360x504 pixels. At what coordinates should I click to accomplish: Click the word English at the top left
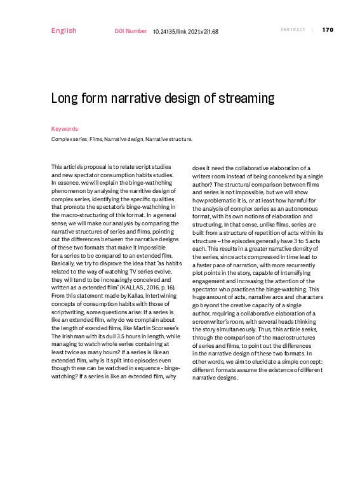[63, 30]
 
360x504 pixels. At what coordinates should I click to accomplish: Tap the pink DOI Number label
[130, 30]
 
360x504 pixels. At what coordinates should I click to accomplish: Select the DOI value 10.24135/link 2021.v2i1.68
[185, 30]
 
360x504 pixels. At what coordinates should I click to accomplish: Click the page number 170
[328, 30]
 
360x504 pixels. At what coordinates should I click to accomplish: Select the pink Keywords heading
[64, 128]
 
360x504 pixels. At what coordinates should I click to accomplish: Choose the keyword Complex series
[69, 138]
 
